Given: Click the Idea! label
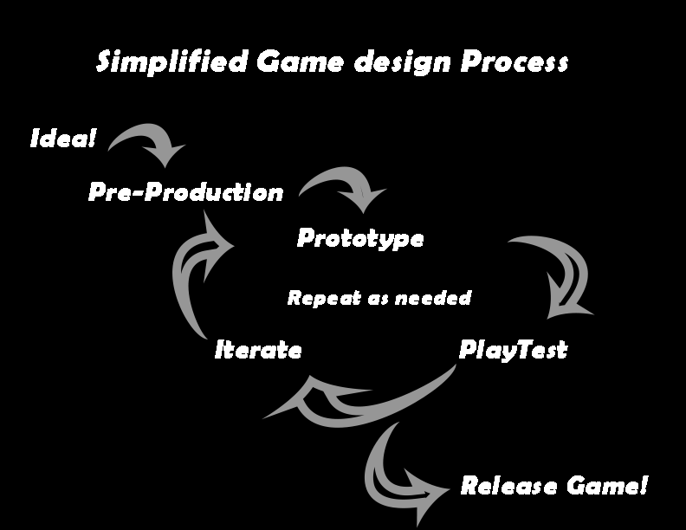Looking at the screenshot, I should [63, 139].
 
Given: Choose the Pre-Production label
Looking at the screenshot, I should [185, 192].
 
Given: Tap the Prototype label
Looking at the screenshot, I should [360, 238].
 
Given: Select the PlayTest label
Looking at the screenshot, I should [513, 351].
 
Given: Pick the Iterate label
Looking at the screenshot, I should [258, 351].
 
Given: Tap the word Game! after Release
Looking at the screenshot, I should [607, 487].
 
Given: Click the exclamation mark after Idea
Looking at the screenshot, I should [93, 139].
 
